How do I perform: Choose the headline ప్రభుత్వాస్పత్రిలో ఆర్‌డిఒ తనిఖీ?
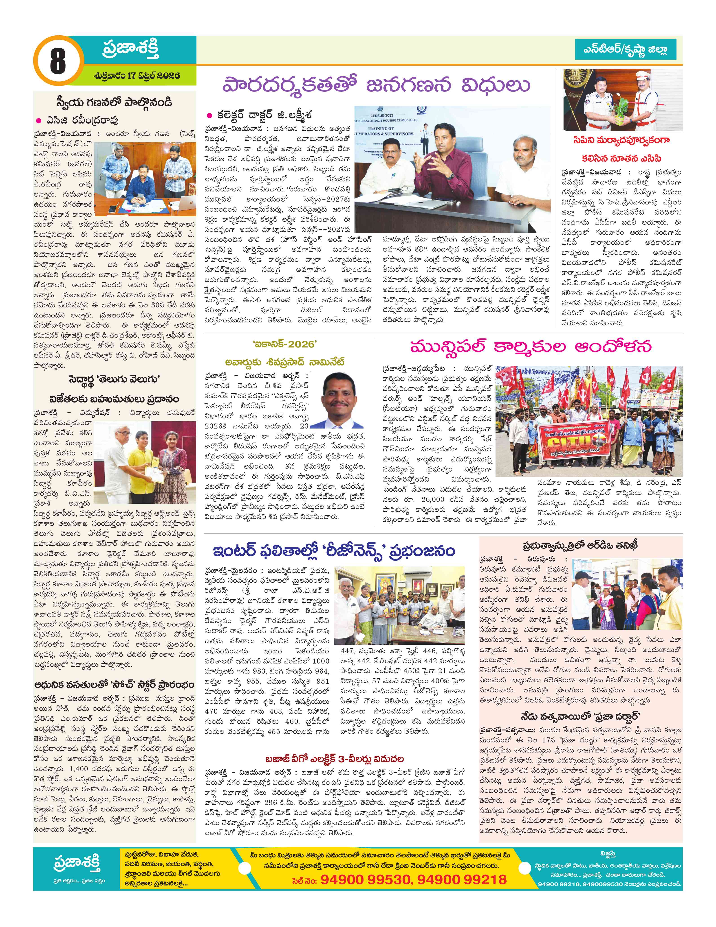click(580, 545)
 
